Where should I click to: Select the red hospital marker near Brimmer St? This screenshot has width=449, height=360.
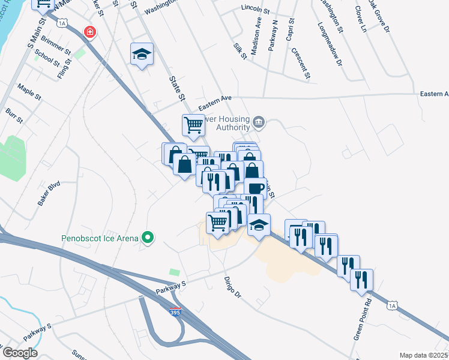[x=90, y=32]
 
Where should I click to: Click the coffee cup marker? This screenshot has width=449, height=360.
[x=255, y=187]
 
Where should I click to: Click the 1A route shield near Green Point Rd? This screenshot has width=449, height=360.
[x=393, y=306]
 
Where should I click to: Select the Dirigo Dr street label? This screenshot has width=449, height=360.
[x=232, y=287]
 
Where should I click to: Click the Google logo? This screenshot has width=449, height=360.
[x=20, y=353]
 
